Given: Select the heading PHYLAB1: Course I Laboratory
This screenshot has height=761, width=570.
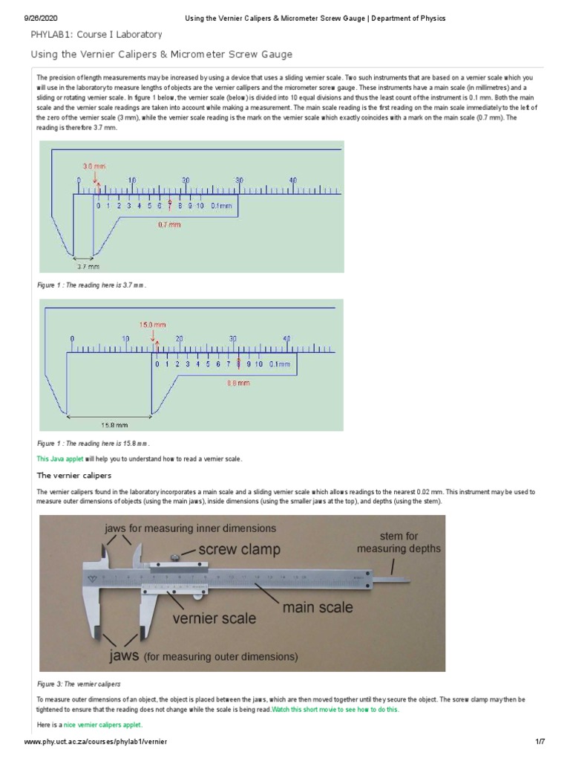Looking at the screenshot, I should point(96,34).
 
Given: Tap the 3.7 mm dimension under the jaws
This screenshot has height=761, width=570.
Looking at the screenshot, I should point(89,265).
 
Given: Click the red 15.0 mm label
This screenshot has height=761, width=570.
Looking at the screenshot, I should point(154,325).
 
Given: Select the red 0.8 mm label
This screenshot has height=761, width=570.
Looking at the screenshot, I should point(238,383).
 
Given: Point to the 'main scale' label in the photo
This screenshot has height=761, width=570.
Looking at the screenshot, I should point(314,606).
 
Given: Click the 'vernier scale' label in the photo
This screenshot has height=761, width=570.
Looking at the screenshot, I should point(214,618).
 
